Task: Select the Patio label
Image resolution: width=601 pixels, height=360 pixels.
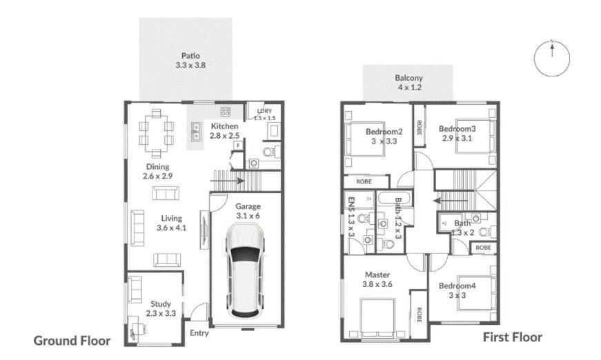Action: [190, 60]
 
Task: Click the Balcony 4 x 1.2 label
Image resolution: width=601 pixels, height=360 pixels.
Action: [408, 83]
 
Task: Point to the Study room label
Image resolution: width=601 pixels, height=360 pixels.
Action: [160, 308]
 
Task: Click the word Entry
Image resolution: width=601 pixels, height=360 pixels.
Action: [199, 332]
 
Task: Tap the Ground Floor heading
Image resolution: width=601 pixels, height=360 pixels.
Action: [72, 341]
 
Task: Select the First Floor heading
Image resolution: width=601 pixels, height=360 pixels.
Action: [512, 337]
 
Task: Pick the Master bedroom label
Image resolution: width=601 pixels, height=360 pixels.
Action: [377, 279]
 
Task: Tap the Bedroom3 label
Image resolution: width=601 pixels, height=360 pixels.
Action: [457, 132]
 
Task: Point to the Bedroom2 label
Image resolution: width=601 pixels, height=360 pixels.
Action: [384, 136]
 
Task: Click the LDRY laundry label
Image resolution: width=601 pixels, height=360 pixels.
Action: [264, 114]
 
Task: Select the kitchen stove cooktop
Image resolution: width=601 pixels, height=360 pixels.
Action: [225, 110]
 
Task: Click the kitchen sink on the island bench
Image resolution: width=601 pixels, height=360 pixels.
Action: [196, 128]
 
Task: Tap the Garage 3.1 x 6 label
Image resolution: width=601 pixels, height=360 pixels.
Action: [248, 210]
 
